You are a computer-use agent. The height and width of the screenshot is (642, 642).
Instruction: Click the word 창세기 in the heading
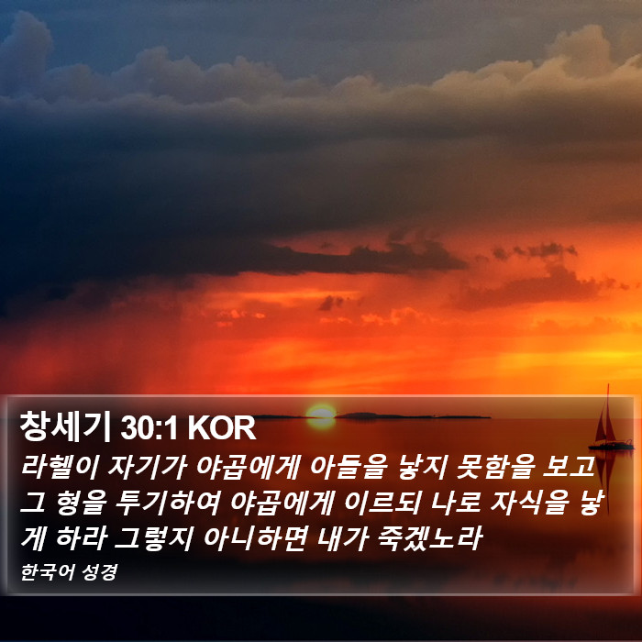65,427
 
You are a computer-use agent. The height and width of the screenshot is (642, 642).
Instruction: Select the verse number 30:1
149,428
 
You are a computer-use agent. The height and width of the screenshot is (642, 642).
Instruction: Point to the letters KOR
222,428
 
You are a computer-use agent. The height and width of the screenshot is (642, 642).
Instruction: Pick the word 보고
569,466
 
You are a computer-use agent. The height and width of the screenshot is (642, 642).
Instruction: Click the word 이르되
382,503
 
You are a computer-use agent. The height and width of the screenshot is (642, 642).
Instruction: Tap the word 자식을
529,503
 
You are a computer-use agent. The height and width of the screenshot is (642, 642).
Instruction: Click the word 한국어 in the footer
48,571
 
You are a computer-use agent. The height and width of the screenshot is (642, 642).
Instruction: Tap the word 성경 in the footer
100,572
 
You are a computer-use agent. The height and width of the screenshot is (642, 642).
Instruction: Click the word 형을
82,503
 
